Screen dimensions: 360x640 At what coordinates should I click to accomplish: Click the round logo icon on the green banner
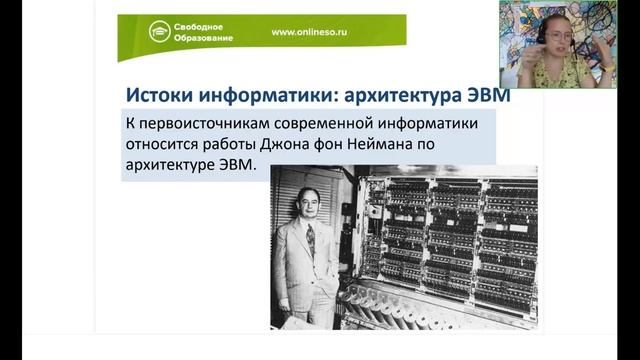(159, 31)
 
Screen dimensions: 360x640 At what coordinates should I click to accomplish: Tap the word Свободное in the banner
(201, 24)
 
